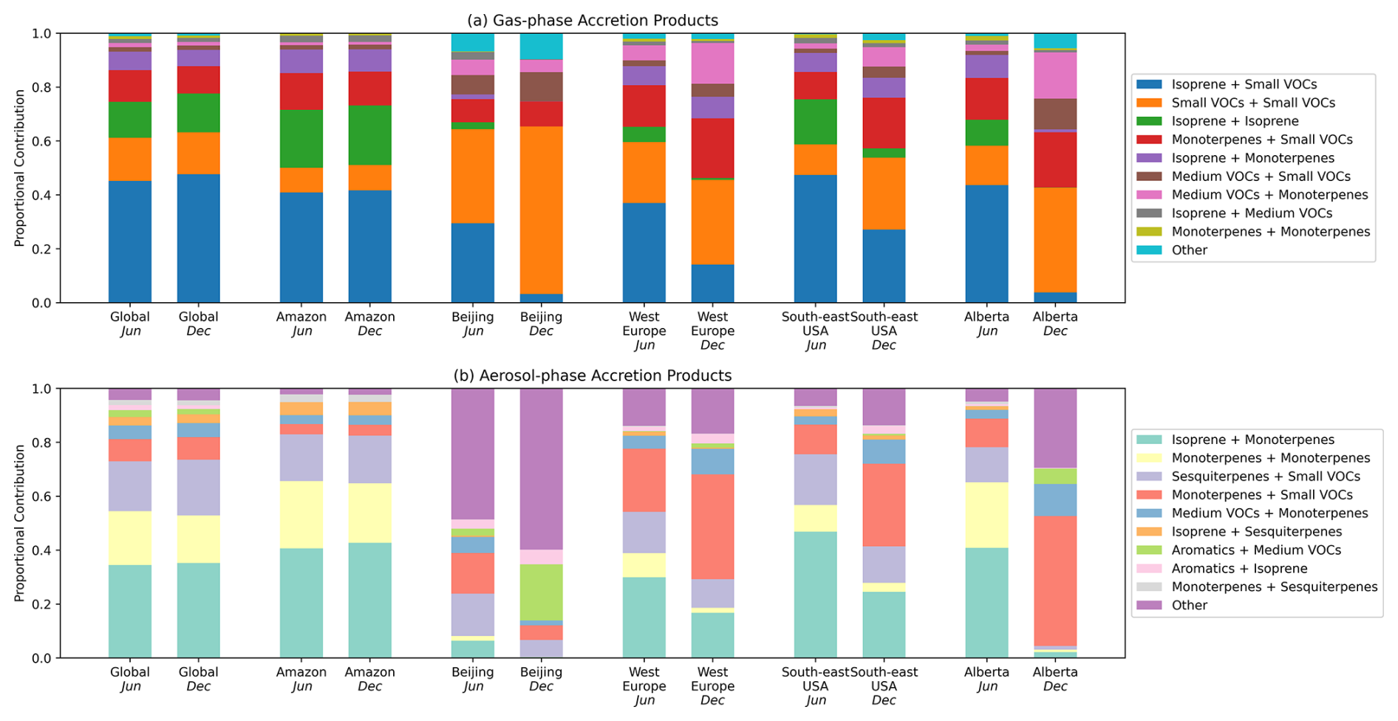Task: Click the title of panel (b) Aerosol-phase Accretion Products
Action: coord(592,376)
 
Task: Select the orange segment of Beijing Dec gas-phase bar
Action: coord(541,210)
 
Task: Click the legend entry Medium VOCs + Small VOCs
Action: coord(1261,177)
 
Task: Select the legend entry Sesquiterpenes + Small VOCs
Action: coord(1265,476)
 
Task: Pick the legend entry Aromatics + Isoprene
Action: coord(1239,569)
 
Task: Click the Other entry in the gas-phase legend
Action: coord(1189,250)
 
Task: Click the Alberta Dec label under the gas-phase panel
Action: coord(1055,324)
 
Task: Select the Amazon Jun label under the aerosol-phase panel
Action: coord(301,679)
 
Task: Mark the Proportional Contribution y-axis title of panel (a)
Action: coord(20,168)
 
